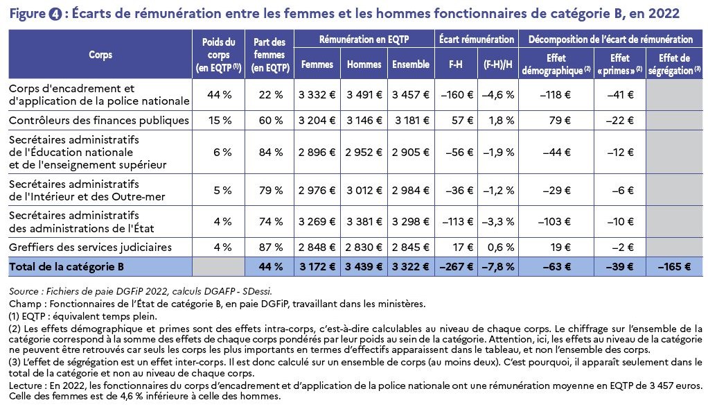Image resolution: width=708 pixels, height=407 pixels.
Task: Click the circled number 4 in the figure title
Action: pyautogui.click(x=55, y=14)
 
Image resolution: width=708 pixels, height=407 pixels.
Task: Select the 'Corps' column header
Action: pyautogui.click(x=100, y=55)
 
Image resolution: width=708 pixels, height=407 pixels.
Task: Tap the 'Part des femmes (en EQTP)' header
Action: pyautogui.click(x=269, y=55)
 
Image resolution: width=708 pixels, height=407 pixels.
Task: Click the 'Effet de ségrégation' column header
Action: pyautogui.click(x=674, y=64)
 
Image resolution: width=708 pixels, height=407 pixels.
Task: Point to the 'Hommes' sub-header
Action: pyautogui.click(x=364, y=64)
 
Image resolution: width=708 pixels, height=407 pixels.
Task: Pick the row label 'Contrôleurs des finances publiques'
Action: pyautogui.click(x=99, y=121)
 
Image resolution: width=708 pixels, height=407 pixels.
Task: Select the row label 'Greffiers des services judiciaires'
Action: pyautogui.click(x=90, y=248)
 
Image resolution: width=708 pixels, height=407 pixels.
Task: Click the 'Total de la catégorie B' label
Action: pyautogui.click(x=67, y=267)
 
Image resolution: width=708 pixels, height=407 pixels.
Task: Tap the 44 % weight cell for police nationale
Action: pyautogui.click(x=219, y=95)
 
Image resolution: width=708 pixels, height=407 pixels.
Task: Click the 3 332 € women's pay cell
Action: pyautogui.click(x=317, y=95)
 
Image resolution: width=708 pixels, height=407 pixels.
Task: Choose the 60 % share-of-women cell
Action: pyautogui.click(x=270, y=121)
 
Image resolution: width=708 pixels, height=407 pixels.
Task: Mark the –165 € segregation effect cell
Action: pyautogui.click(x=674, y=267)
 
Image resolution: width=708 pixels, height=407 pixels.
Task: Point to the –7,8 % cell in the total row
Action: pyautogui.click(x=498, y=267)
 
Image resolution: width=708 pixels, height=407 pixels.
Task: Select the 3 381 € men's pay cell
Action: pyautogui.click(x=364, y=222)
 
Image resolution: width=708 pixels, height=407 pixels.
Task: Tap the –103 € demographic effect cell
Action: pyautogui.click(x=554, y=222)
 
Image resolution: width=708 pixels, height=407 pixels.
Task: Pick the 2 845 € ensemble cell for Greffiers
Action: pyautogui.click(x=410, y=248)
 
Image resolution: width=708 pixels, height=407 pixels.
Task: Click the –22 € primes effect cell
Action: pyautogui.click(x=620, y=121)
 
